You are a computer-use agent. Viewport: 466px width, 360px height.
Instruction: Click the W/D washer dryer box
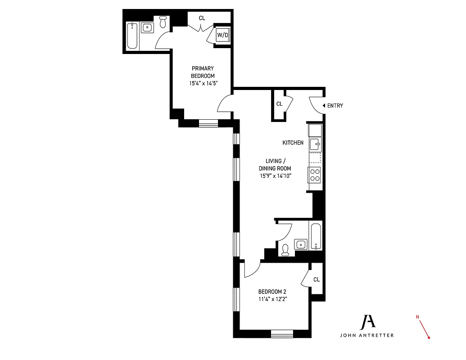[x=222, y=35]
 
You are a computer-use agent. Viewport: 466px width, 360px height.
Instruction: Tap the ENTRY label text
[x=335, y=106]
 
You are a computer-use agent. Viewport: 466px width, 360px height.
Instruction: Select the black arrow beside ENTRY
[x=324, y=106]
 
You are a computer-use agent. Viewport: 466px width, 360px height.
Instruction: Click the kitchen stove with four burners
[x=315, y=174]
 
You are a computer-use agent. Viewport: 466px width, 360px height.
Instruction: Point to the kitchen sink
[x=315, y=145]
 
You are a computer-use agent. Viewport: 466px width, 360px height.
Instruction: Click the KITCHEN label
[x=293, y=143]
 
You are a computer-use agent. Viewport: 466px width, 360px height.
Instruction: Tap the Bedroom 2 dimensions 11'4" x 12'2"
[x=273, y=299]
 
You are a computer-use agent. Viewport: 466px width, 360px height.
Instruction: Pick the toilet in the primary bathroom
[x=163, y=22]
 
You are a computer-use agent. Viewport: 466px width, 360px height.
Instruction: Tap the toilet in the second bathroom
[x=285, y=250]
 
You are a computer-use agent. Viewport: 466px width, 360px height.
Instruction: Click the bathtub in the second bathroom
[x=316, y=236]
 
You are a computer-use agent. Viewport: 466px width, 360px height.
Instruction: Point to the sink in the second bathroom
[x=301, y=244]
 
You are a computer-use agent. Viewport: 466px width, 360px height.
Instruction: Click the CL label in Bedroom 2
[x=316, y=279]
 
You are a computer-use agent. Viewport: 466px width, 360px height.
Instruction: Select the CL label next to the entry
[x=279, y=103]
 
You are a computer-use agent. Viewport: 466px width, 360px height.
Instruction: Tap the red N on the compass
[x=417, y=317]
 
